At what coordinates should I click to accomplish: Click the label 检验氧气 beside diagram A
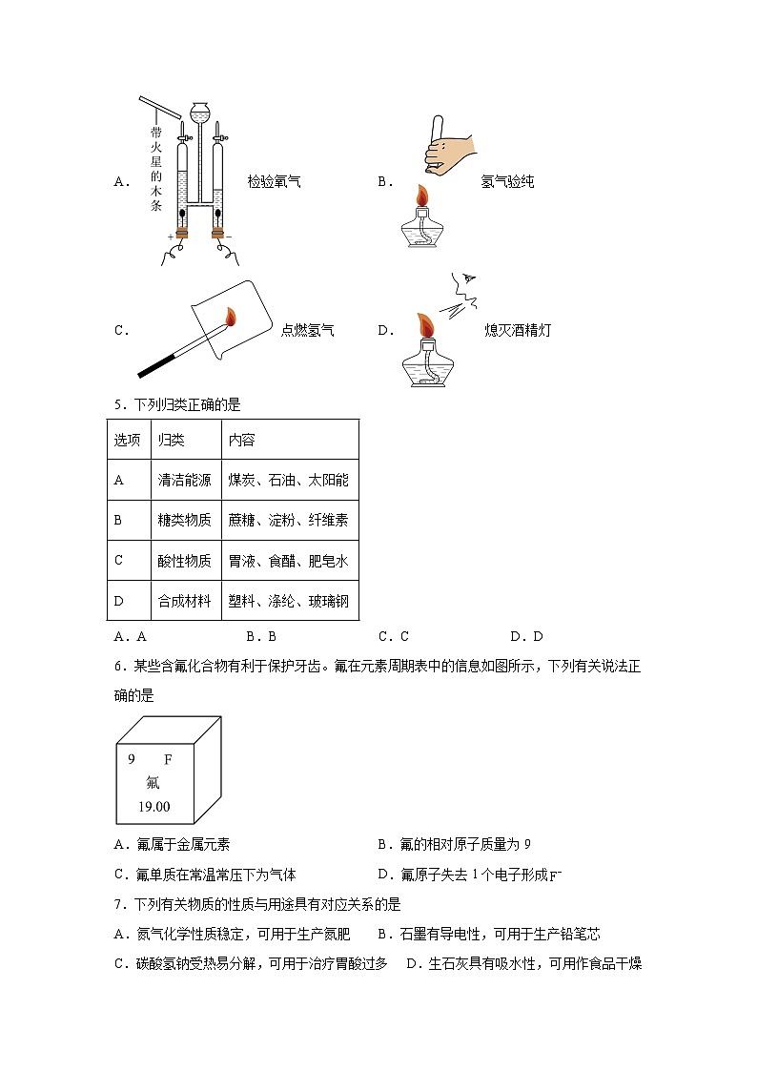[x=274, y=181]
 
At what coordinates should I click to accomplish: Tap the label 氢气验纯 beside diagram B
[x=507, y=181]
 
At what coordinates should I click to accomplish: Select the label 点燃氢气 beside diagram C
[x=307, y=330]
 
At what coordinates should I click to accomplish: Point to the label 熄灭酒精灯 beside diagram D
[x=517, y=330]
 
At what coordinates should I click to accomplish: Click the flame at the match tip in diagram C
[x=230, y=316]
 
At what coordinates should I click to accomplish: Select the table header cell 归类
[x=172, y=440]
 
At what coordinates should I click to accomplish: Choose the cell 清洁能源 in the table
[x=184, y=480]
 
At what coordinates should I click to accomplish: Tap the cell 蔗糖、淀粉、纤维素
[x=288, y=521]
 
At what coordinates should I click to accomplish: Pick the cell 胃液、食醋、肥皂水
[x=288, y=561]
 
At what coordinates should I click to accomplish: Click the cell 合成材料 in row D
[x=184, y=602]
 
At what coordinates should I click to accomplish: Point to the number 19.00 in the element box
[x=153, y=806]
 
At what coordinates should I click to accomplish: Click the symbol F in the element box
[x=169, y=760]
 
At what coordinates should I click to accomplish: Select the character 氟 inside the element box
[x=153, y=783]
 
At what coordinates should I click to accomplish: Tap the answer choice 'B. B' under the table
[x=260, y=636]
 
